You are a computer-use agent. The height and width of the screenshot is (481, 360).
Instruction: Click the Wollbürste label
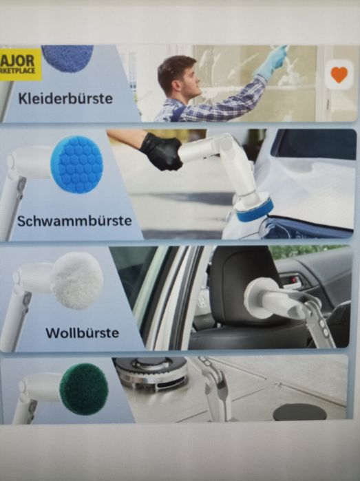click(82, 333)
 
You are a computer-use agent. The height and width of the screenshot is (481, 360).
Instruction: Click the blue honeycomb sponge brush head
click(76, 164)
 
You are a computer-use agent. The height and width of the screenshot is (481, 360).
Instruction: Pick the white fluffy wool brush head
click(77, 280)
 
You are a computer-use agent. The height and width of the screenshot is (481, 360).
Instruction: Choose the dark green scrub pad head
click(83, 389)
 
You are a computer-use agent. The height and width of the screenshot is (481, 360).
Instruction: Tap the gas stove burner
click(151, 372)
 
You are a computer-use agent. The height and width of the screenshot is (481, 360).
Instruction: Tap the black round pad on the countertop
click(299, 411)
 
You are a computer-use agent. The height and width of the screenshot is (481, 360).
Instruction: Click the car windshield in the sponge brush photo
click(313, 146)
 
